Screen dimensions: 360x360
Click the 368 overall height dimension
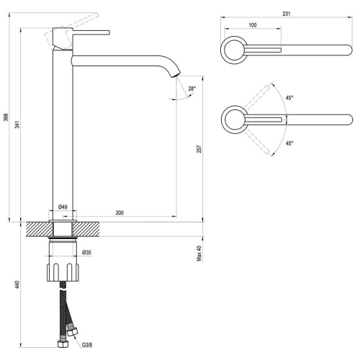point(6,117)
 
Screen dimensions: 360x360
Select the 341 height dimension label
point(17,125)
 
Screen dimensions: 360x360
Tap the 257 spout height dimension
point(199,149)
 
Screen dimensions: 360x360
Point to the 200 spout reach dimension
point(120,212)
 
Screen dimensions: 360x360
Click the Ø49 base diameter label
point(63,207)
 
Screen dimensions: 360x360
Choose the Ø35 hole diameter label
point(86,252)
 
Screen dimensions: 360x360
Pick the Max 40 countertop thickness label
point(199,253)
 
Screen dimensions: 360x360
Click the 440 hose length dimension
point(17,284)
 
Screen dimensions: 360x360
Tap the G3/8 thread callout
point(87,345)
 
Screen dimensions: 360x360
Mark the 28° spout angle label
point(192,89)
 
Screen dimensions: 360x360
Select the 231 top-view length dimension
point(287,14)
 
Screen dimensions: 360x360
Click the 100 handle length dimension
point(253,25)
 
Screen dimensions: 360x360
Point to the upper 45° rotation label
point(289,98)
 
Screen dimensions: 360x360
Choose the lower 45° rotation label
point(289,143)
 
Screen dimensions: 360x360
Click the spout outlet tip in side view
point(176,75)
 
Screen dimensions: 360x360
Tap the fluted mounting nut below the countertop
point(63,272)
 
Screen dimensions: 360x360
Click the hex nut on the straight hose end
point(63,344)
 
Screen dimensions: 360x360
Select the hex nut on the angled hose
point(73,332)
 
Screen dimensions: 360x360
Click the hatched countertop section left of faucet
point(40,229)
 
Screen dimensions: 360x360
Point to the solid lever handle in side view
point(91,32)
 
